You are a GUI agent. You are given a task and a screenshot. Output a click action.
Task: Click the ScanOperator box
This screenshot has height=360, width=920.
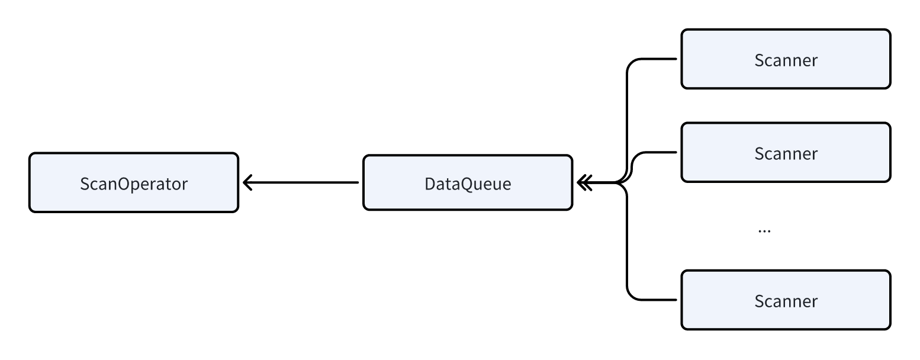tap(133, 182)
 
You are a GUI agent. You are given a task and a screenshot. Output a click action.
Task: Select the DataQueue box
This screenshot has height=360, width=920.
tap(467, 182)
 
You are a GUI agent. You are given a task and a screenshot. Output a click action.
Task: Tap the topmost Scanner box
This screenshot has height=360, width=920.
tap(786, 59)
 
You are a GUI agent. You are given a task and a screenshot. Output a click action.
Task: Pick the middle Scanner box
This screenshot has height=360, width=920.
tap(786, 153)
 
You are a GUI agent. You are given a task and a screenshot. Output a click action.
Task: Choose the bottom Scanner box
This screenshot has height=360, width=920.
tap(786, 300)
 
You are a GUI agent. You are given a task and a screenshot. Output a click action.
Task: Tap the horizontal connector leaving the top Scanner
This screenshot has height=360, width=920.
tap(657, 59)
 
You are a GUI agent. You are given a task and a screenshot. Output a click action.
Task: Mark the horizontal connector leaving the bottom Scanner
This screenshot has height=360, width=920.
tap(657, 300)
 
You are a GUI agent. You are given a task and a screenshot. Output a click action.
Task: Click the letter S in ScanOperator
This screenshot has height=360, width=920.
tap(85, 184)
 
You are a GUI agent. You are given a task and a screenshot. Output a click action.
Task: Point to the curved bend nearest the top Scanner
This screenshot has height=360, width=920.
tap(631, 63)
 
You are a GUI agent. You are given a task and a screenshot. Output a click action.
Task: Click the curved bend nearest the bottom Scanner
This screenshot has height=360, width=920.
tap(631, 295)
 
